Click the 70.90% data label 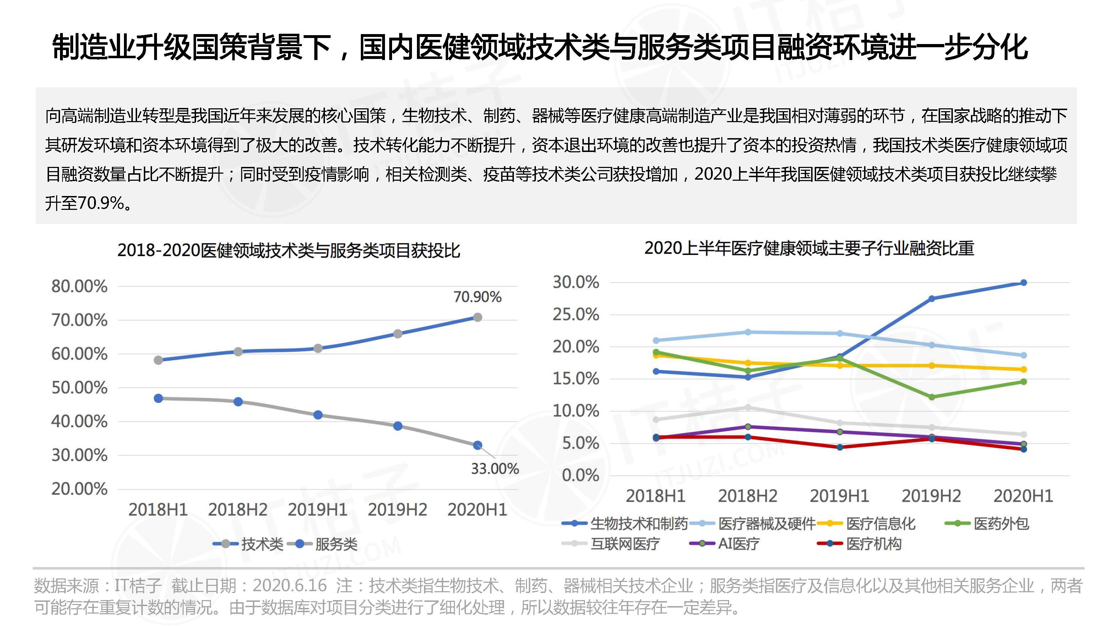477,297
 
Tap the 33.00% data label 494,468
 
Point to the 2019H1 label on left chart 317,510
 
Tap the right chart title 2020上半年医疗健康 809,249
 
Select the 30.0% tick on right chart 576,282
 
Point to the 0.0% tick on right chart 580,475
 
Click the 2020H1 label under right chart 1023,496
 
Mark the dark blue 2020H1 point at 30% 1023,283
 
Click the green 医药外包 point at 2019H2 932,397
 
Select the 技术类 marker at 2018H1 158,360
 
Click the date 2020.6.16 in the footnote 289,586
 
